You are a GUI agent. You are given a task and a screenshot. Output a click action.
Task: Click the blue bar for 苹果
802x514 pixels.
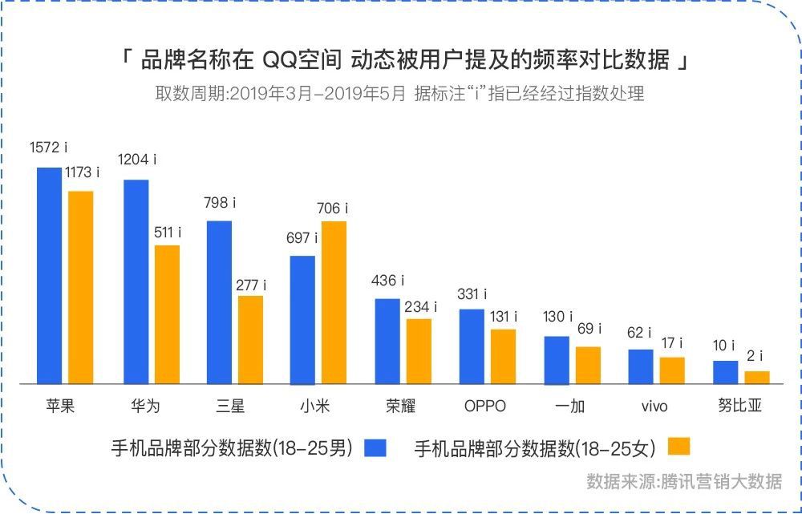coord(49,276)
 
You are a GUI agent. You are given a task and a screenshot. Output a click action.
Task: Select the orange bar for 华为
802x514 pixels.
coord(167,314)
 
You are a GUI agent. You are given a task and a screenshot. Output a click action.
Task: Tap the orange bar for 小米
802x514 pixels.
coord(334,302)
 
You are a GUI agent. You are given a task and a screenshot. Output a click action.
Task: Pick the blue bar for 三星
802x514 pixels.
coord(219,302)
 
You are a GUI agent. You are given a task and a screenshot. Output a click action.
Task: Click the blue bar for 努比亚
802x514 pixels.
coord(726,372)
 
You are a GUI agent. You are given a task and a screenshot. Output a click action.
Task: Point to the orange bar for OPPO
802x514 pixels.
coord(503,356)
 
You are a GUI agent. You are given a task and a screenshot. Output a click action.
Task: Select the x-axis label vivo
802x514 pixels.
coord(654,406)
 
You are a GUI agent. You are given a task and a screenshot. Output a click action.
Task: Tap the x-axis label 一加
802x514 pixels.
coord(570,406)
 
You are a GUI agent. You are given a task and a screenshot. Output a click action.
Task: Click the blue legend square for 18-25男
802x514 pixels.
coord(375,447)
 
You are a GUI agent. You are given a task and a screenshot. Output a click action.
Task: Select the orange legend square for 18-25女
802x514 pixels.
coord(678,447)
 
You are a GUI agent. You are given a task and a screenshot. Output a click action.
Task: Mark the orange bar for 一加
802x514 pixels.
coord(588,365)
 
